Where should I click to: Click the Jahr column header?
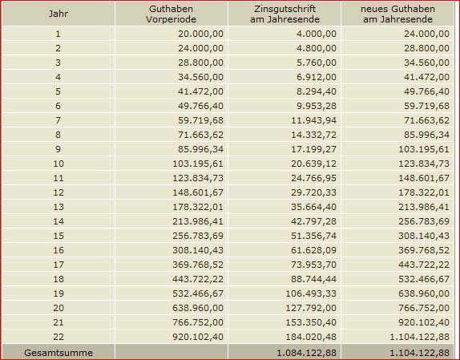point(58,14)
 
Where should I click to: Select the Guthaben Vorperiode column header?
point(171,14)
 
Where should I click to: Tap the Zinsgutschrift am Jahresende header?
point(284,14)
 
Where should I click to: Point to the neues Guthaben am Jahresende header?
point(397,14)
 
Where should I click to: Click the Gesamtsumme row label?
point(59,352)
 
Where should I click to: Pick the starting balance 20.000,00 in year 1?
point(200,34)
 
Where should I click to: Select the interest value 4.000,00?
point(317,34)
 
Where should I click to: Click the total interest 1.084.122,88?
point(306,352)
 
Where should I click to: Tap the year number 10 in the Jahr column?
point(58,164)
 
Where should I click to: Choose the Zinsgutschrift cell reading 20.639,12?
point(313,164)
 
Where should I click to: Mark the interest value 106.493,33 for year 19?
point(311,293)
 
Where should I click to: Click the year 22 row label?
point(58,337)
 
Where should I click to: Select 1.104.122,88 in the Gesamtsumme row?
point(419,352)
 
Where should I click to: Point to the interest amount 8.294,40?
point(317,91)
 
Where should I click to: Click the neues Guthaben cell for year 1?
point(426,34)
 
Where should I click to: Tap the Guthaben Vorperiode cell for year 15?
point(198,236)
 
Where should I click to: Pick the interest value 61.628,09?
point(313,250)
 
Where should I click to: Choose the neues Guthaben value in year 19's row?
point(424,293)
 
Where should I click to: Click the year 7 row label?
point(58,120)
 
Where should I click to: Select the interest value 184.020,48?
point(311,337)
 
